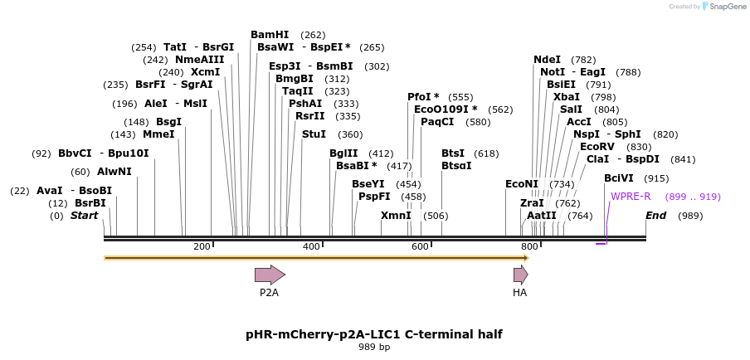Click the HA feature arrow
click(x=520, y=275)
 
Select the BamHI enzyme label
click(x=270, y=35)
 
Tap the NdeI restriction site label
click(x=547, y=60)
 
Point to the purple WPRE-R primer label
click(x=631, y=197)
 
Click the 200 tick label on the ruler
click(x=202, y=246)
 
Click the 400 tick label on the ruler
click(x=311, y=246)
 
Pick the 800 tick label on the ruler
click(x=528, y=246)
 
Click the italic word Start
click(x=84, y=216)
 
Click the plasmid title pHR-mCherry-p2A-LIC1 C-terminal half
click(x=374, y=334)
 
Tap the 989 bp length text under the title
click(x=374, y=347)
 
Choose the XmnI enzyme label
click(x=396, y=216)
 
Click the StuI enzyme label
click(x=314, y=134)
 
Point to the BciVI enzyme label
click(x=619, y=178)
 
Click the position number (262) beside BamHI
click(x=313, y=35)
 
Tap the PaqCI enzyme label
click(x=437, y=122)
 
